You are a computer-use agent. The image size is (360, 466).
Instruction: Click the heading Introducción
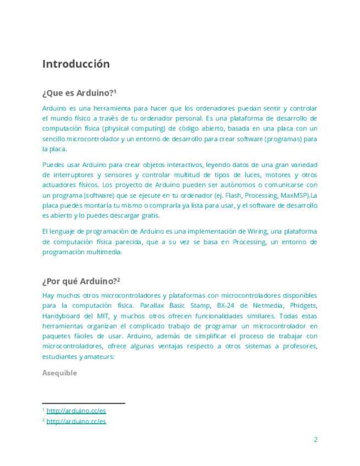click(x=76, y=64)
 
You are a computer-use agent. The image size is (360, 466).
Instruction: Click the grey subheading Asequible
click(x=59, y=373)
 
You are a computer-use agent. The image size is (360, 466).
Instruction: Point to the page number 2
click(x=315, y=440)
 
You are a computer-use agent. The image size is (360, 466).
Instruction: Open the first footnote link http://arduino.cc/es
click(x=76, y=410)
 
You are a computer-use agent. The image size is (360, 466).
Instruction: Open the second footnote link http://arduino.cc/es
click(x=76, y=421)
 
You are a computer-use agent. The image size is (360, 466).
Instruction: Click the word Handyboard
click(x=63, y=316)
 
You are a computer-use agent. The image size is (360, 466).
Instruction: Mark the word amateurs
click(x=99, y=357)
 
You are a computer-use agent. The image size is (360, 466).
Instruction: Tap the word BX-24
click(x=225, y=305)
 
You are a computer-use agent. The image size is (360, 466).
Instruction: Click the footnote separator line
click(x=84, y=403)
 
